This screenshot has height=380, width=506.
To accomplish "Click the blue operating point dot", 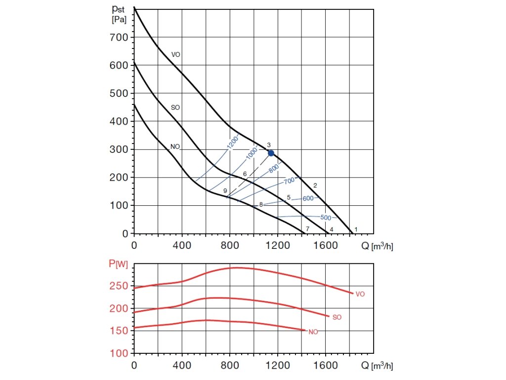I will (x=271, y=153).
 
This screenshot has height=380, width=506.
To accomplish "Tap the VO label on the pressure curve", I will (x=175, y=54).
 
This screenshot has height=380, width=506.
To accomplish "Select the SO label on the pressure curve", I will (x=175, y=107).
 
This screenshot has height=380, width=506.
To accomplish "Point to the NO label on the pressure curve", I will (x=175, y=146).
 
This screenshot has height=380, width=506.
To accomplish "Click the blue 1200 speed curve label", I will (x=233, y=142).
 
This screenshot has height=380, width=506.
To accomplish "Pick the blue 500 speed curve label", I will (x=326, y=218).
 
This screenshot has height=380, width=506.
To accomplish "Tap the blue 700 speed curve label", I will (x=290, y=182).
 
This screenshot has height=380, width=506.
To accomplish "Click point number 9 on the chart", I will (x=225, y=190).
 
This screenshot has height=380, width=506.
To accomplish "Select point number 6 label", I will (x=245, y=174).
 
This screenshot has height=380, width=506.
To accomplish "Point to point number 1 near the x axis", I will (x=356, y=229).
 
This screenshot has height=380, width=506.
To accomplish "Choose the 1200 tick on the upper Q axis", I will (x=278, y=244).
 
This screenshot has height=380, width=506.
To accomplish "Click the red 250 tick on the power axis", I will (x=120, y=286).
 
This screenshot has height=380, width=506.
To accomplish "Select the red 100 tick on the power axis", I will (x=120, y=353).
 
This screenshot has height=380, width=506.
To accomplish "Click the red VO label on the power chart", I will (x=360, y=294).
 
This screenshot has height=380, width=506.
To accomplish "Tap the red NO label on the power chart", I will (x=313, y=332).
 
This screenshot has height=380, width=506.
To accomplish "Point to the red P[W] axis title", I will (x=119, y=264).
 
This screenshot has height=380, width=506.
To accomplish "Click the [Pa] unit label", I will (x=119, y=20).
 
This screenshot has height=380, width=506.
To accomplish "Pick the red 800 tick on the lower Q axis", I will (x=230, y=367).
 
